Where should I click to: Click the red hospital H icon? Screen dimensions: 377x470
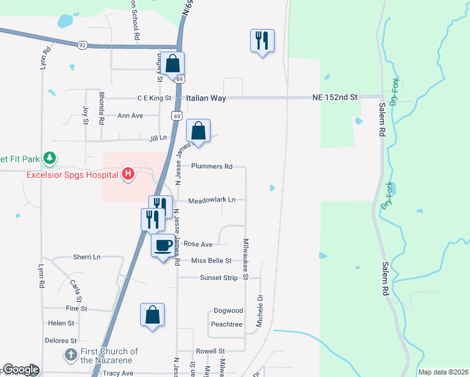point(128,174)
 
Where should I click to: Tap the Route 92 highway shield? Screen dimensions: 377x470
point(82,45)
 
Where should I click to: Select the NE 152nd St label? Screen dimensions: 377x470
point(334,97)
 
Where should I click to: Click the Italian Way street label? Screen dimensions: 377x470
point(205,98)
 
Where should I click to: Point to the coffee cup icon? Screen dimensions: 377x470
point(163,244)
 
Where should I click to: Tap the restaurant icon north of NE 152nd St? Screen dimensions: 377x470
point(261,41)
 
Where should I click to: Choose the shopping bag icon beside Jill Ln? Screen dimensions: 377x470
point(199,131)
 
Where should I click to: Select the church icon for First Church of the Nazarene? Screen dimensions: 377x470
point(70,356)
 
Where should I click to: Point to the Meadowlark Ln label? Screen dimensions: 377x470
point(212,200)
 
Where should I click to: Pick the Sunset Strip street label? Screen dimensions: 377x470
point(219,277)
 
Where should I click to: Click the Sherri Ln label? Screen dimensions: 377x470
point(87,257)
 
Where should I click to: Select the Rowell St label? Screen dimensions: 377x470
point(210,351)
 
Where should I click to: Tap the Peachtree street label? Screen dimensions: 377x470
point(227,324)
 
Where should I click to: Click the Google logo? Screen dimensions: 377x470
point(21,369)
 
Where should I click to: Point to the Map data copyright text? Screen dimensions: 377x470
point(443,372)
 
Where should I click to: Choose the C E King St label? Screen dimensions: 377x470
point(155,98)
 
